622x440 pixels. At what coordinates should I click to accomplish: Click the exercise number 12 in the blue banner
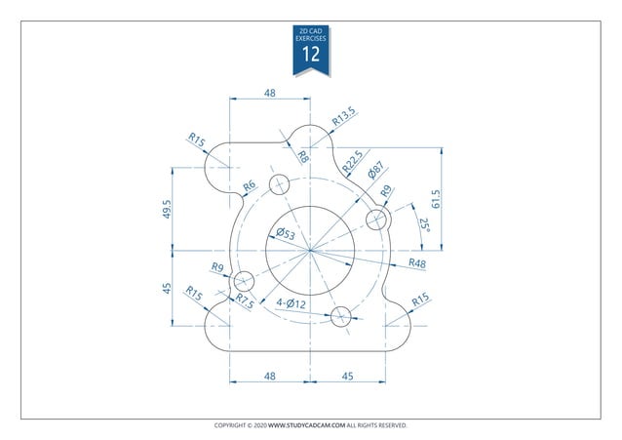[311, 55]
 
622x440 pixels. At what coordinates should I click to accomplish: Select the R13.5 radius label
[343, 117]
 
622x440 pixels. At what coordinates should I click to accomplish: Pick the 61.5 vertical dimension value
[436, 199]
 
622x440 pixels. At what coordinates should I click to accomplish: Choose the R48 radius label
[416, 263]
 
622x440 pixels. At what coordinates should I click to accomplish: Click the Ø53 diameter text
[286, 233]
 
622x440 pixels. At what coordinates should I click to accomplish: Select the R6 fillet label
[249, 185]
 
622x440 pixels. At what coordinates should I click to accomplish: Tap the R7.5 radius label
[245, 301]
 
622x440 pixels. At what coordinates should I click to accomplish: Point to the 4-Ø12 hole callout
[292, 303]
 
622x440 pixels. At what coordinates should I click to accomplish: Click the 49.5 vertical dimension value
[168, 209]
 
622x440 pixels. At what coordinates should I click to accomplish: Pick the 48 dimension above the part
[269, 93]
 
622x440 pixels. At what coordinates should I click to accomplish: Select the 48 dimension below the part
[269, 376]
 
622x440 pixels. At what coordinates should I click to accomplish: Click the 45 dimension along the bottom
[348, 376]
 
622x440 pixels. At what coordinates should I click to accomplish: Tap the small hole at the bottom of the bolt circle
[341, 315]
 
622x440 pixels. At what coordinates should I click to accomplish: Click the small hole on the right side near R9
[376, 218]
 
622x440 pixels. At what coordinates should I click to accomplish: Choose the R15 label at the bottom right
[420, 301]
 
